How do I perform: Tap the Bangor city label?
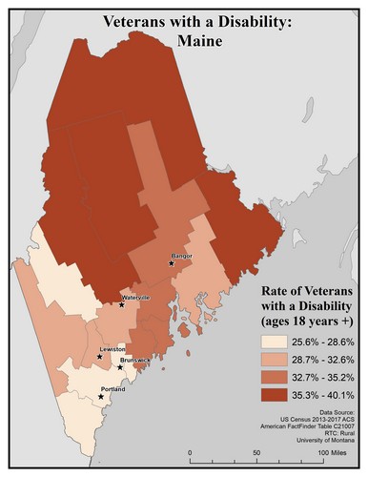[182, 256]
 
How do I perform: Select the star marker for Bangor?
[173, 263]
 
